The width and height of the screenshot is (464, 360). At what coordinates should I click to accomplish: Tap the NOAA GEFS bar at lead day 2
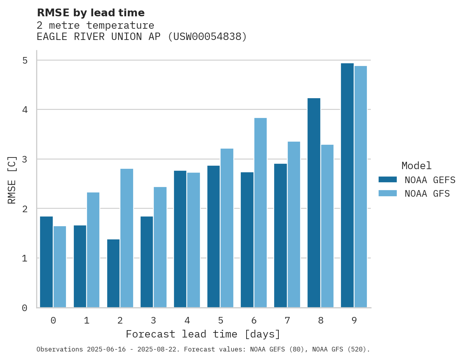click(x=113, y=273)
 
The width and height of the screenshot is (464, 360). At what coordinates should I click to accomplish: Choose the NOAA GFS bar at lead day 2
click(x=127, y=238)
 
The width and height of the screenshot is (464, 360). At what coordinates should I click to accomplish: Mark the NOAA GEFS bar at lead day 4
click(x=180, y=239)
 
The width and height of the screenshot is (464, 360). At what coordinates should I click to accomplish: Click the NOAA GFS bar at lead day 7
click(x=294, y=225)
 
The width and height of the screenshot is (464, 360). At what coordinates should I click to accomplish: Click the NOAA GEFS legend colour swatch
click(x=388, y=180)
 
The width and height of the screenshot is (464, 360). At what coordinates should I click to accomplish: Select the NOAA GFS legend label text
click(x=427, y=194)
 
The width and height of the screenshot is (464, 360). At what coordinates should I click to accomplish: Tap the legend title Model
click(x=416, y=166)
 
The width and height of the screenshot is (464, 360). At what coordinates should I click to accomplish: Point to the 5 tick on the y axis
click(x=24, y=61)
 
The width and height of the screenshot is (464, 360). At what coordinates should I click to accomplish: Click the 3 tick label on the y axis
click(x=24, y=159)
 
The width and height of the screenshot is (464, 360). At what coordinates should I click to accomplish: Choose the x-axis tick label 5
click(x=221, y=321)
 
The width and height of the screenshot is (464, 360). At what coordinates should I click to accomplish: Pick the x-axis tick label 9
click(x=354, y=321)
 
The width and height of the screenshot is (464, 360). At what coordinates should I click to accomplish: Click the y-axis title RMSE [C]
click(x=12, y=180)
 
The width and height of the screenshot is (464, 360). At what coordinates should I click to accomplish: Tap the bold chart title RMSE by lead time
click(x=90, y=13)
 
